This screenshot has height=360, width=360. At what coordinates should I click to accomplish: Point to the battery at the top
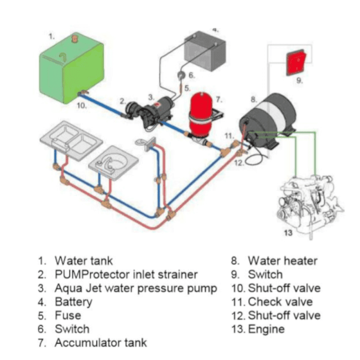pyautogui.click(x=205, y=52)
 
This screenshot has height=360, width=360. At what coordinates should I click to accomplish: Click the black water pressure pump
pyautogui.click(x=153, y=110)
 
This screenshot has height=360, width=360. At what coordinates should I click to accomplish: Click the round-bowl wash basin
pyautogui.click(x=112, y=162)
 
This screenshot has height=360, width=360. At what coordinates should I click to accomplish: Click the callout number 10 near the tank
pyautogui.click(x=81, y=106)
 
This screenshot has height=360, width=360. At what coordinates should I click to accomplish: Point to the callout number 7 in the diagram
pyautogui.click(x=219, y=98)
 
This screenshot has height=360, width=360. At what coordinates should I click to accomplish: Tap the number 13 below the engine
pyautogui.click(x=288, y=233)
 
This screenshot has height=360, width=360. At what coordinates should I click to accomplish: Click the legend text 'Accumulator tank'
pyautogui.click(x=100, y=342)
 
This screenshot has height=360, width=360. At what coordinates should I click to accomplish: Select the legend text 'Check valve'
pyautogui.click(x=280, y=301)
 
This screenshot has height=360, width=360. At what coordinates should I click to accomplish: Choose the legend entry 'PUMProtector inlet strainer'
pyautogui.click(x=126, y=274)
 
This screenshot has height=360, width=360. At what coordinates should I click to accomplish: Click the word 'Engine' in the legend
pyautogui.click(x=266, y=329)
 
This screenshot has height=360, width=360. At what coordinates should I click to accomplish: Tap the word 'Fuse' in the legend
pyautogui.click(x=68, y=315)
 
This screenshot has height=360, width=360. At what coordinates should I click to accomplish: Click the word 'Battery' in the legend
pyautogui.click(x=73, y=301)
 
